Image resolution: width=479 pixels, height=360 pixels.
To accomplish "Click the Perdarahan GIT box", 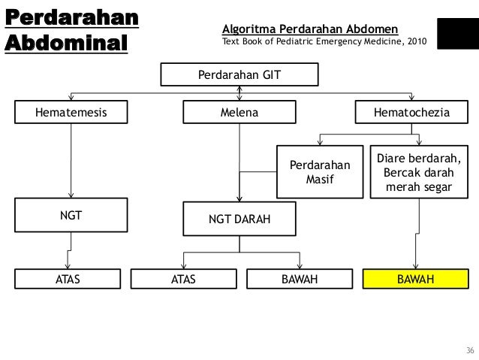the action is (239, 74).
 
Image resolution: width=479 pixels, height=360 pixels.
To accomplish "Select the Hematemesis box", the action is (71, 113).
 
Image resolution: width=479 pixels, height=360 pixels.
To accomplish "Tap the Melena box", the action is (239, 113).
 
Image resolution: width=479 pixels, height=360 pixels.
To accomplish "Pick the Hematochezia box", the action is (412, 113).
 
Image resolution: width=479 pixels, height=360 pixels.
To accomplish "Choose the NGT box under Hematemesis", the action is (71, 215).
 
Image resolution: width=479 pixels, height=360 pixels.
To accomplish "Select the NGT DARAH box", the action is (239, 219).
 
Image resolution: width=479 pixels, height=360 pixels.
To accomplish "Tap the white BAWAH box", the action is (300, 280).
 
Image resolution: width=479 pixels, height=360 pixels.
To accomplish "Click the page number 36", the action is (470, 351).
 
